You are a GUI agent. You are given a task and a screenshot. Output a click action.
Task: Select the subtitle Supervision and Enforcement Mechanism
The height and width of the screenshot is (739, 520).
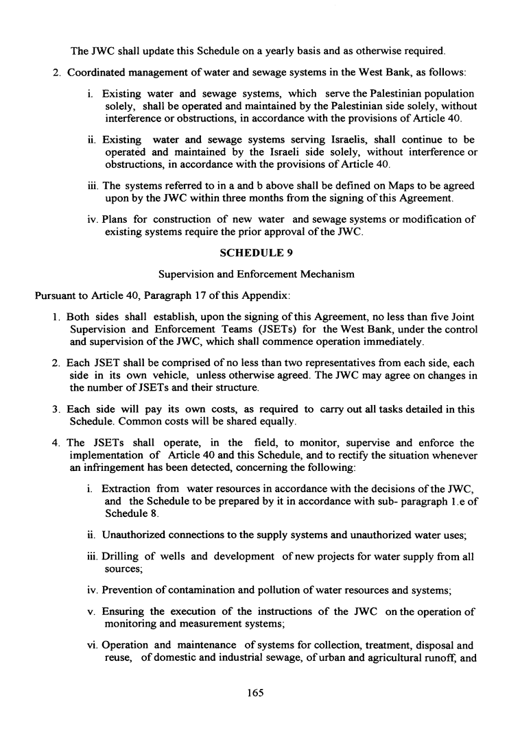click(256, 274)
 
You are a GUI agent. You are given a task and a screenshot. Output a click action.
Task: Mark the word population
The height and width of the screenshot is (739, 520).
click(447, 94)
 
